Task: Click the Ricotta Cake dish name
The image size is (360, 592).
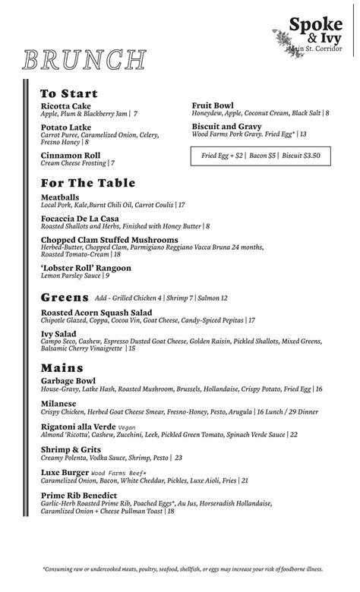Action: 65,105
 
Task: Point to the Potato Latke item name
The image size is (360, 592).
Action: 66,127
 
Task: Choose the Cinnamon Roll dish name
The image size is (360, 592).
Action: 71,155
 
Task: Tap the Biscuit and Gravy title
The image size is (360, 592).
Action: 226,126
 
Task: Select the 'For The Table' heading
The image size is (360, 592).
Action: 88,183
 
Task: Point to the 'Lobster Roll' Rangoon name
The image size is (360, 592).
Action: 86,268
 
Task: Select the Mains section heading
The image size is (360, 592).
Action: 62,369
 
